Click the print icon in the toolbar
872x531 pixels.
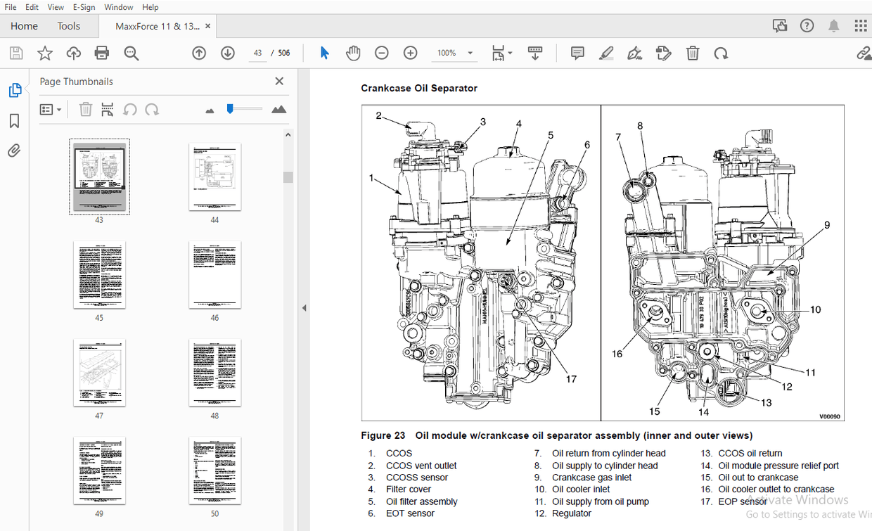point(102,53)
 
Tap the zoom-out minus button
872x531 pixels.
point(381,53)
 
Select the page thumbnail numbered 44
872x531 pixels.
point(214,177)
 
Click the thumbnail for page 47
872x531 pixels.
point(99,373)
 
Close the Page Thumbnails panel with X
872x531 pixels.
point(279,82)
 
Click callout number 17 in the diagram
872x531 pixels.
point(571,379)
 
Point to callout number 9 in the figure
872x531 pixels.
point(827,225)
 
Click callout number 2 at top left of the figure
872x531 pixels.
point(378,115)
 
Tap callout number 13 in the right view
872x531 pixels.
point(766,402)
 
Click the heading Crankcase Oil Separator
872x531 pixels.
point(419,88)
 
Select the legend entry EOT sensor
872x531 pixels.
point(410,513)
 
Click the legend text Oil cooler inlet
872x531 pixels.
point(581,490)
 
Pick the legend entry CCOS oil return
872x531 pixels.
point(750,454)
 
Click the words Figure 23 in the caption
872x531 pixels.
point(383,435)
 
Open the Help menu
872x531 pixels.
point(150,7)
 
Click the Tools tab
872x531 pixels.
point(69,26)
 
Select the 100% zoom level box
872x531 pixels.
point(447,53)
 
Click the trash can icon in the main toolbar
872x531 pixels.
point(693,53)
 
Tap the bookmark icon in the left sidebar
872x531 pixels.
point(14,121)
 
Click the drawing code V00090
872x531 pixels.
point(829,416)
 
